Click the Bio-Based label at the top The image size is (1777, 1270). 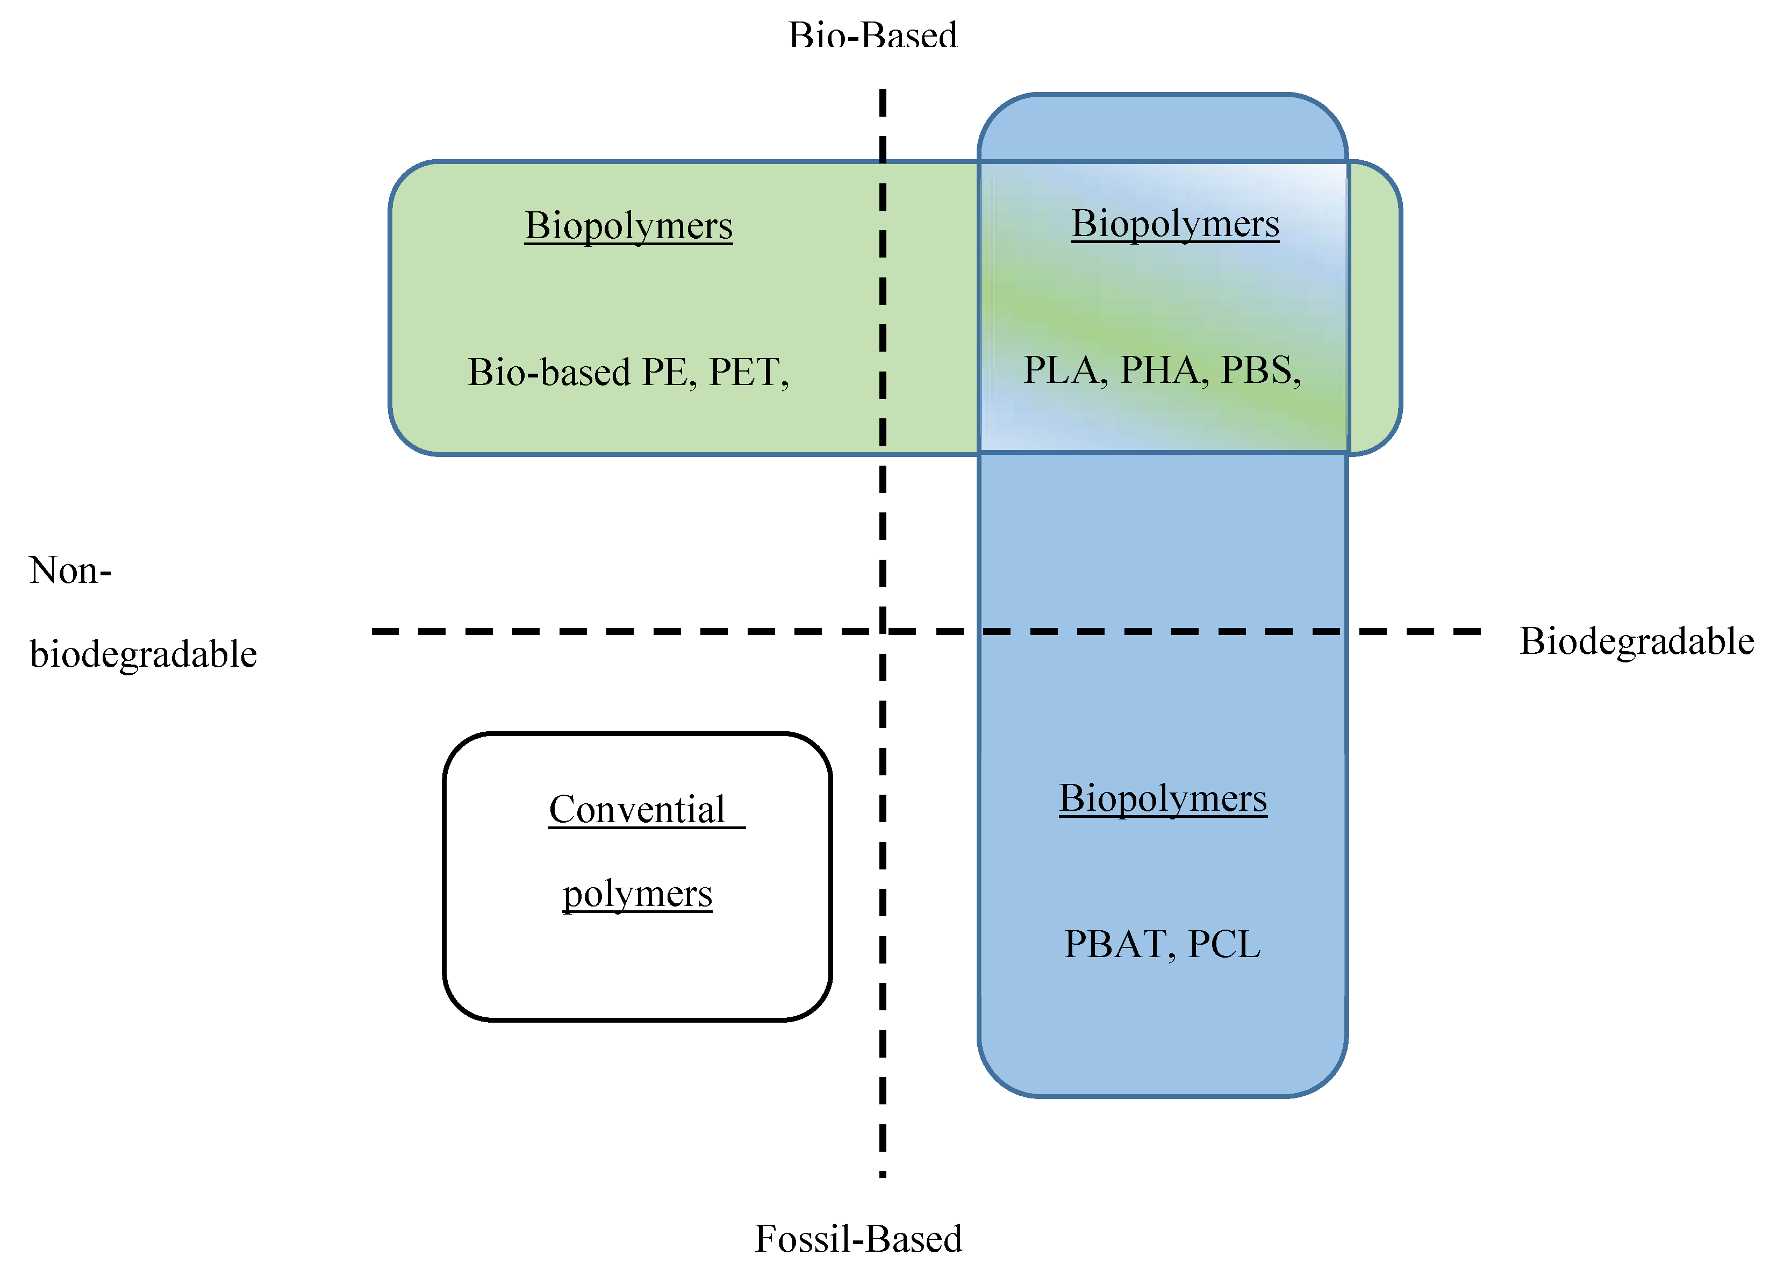coord(872,35)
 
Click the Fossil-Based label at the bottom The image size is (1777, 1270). coord(858,1239)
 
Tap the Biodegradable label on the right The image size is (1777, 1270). coord(1636,641)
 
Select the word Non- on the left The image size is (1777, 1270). coord(69,570)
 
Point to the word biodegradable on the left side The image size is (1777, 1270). coord(143,654)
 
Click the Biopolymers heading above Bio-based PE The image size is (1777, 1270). coord(628,225)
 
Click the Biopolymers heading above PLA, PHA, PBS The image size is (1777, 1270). coord(1174,224)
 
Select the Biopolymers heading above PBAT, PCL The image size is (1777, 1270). coord(1163,798)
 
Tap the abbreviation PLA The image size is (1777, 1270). coord(1064,370)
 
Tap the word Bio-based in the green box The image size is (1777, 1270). coord(549,372)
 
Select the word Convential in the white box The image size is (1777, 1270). coord(636,809)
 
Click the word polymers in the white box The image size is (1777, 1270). coord(637,893)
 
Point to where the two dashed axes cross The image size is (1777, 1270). coord(883,630)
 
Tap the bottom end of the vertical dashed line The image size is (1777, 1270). coord(883,1174)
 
